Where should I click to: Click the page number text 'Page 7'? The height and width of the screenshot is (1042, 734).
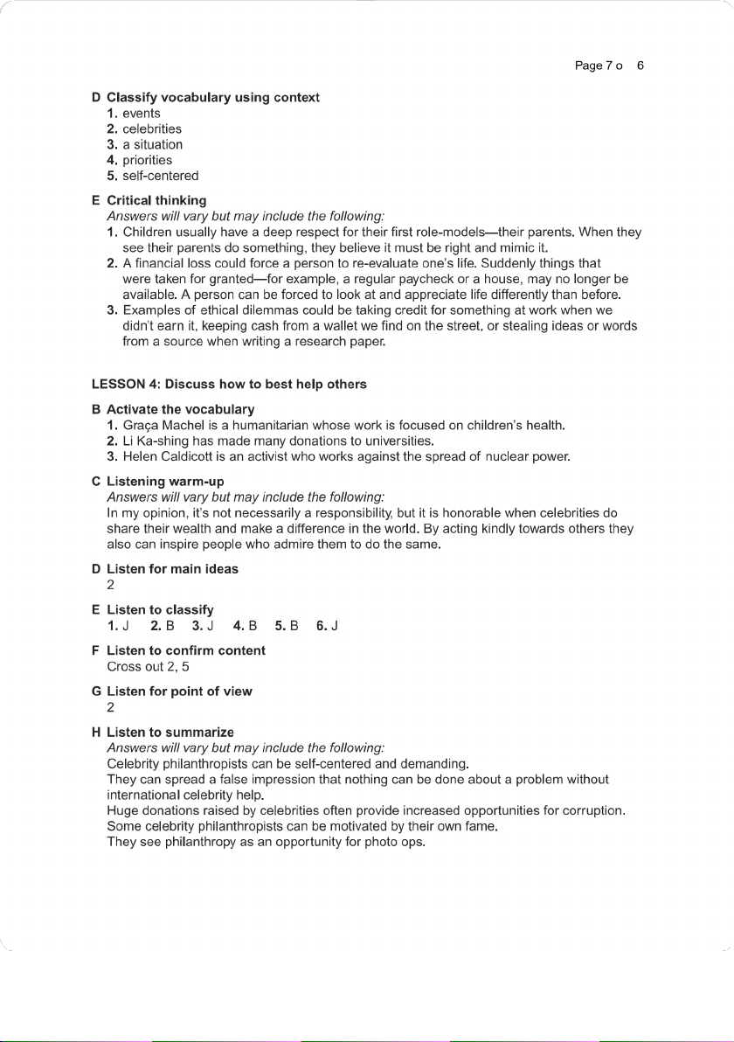click(593, 66)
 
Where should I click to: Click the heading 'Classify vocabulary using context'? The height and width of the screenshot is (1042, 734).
click(213, 97)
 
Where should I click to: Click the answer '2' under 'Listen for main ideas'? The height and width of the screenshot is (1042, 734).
click(111, 585)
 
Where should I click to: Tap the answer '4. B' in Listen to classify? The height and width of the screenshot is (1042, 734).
click(246, 625)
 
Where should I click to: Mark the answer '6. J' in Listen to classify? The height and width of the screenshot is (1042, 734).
click(328, 625)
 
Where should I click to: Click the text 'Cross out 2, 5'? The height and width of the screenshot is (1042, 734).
click(148, 666)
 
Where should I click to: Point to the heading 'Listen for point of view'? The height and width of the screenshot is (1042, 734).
click(179, 691)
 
